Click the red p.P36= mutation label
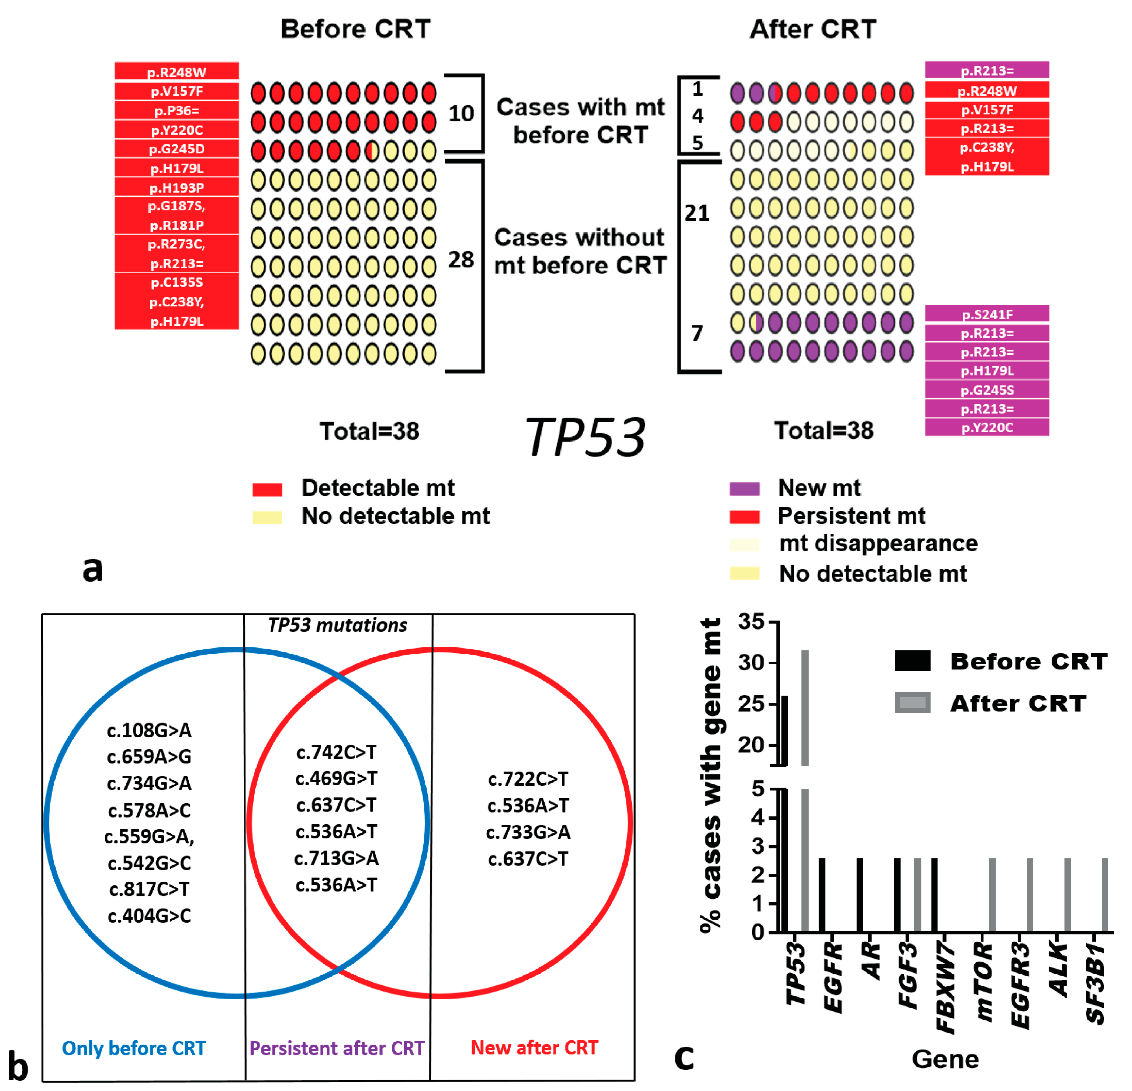177,110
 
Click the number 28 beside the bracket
461,260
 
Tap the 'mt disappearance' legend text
878,544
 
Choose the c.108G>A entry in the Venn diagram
149,731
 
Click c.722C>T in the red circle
528,779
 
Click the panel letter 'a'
92,569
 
